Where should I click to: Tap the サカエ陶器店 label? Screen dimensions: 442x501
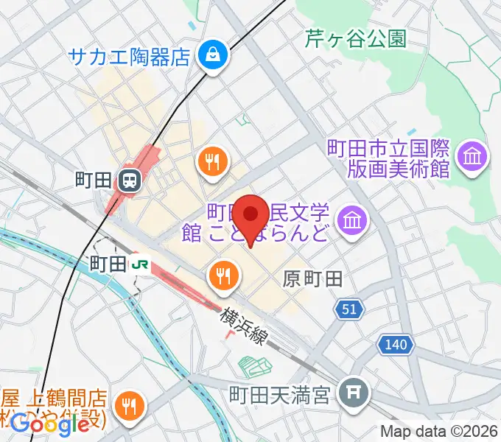coord(130,56)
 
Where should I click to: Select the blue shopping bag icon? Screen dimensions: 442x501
coord(212,55)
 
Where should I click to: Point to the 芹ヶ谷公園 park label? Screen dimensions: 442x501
coord(356,39)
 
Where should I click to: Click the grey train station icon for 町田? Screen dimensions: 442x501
coord(130,179)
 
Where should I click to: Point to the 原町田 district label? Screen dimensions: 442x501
coord(313,278)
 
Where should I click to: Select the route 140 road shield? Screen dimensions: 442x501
coord(394,343)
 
